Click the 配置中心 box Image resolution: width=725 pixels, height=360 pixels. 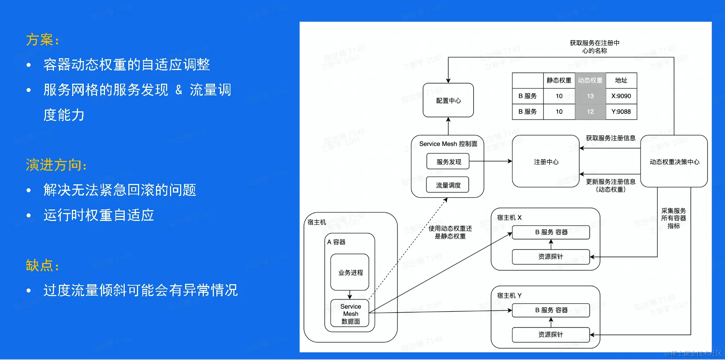[448, 100]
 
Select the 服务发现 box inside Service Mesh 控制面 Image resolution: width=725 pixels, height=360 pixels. [448, 162]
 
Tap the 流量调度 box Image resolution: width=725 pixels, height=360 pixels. [448, 185]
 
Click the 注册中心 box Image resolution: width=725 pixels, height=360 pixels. [546, 162]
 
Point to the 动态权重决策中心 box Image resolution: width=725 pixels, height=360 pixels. [674, 162]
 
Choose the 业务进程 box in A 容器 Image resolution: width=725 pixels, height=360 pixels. [350, 272]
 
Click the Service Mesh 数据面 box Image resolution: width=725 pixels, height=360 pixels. [350, 313]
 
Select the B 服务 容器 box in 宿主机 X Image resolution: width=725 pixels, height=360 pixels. [551, 232]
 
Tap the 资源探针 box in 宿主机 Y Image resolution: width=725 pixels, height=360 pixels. [551, 334]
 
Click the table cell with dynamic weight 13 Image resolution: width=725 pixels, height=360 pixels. [590, 96]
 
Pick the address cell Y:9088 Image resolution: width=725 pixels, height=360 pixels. [621, 112]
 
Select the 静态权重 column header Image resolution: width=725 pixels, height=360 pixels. [559, 80]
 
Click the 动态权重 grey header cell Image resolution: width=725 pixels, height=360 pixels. [590, 80]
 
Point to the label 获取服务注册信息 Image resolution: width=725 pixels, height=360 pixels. [610, 138]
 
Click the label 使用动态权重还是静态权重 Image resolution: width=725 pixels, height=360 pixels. [450, 232]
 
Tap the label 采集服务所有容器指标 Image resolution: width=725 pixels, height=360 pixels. [673, 218]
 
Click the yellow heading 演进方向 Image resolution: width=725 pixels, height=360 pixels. [56, 165]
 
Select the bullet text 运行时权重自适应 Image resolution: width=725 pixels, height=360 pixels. [98, 215]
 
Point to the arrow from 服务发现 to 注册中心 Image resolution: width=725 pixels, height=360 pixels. [491, 161]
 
